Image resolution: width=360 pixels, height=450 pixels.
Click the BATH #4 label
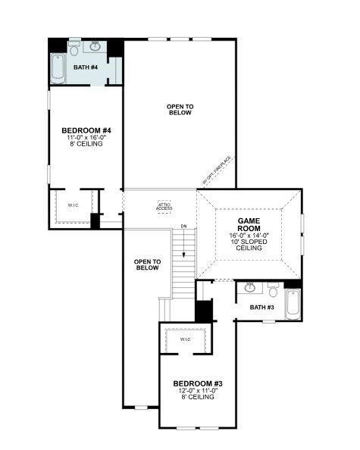tap(86, 67)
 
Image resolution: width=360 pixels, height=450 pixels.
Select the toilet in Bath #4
tap(74, 46)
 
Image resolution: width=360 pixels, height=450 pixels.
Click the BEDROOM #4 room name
tap(86, 130)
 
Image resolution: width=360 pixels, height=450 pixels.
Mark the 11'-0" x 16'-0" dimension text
tap(86, 137)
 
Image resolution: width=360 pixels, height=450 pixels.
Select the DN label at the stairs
tap(183, 227)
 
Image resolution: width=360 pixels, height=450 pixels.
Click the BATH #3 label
tap(263, 307)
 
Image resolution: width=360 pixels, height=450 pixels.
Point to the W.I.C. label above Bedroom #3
tap(185, 339)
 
